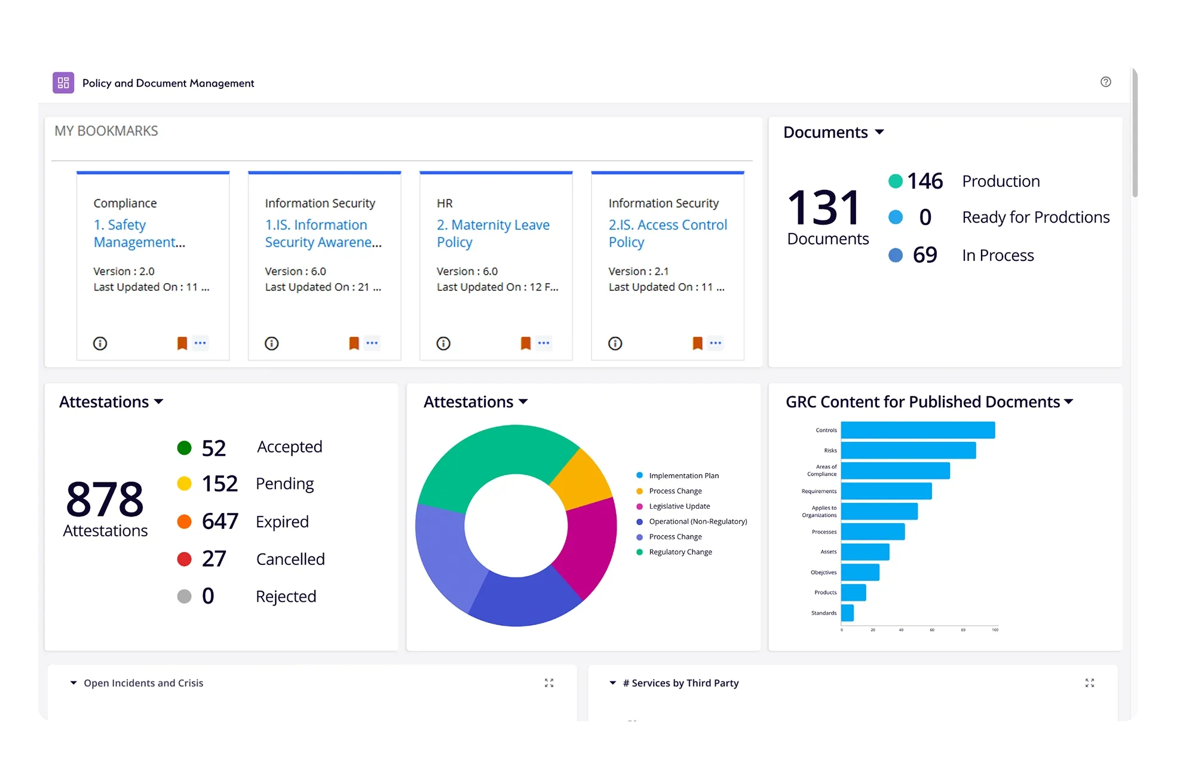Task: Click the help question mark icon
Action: (1105, 82)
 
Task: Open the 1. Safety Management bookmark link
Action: (139, 233)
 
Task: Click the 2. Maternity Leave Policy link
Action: (492, 233)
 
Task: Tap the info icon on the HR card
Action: (443, 343)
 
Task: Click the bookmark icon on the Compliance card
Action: (182, 343)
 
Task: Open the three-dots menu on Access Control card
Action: (715, 343)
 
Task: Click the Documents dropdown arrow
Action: (879, 132)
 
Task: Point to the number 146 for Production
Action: (924, 182)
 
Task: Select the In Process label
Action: (997, 256)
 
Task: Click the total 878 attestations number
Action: (105, 499)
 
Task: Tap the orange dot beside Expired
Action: (184, 522)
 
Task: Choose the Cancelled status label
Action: (290, 559)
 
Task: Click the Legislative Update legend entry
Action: (679, 506)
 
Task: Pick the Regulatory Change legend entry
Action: (680, 552)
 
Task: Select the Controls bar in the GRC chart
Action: (917, 431)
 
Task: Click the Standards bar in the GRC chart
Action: (847, 613)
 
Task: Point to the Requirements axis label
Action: (819, 491)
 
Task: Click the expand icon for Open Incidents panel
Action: (549, 683)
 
